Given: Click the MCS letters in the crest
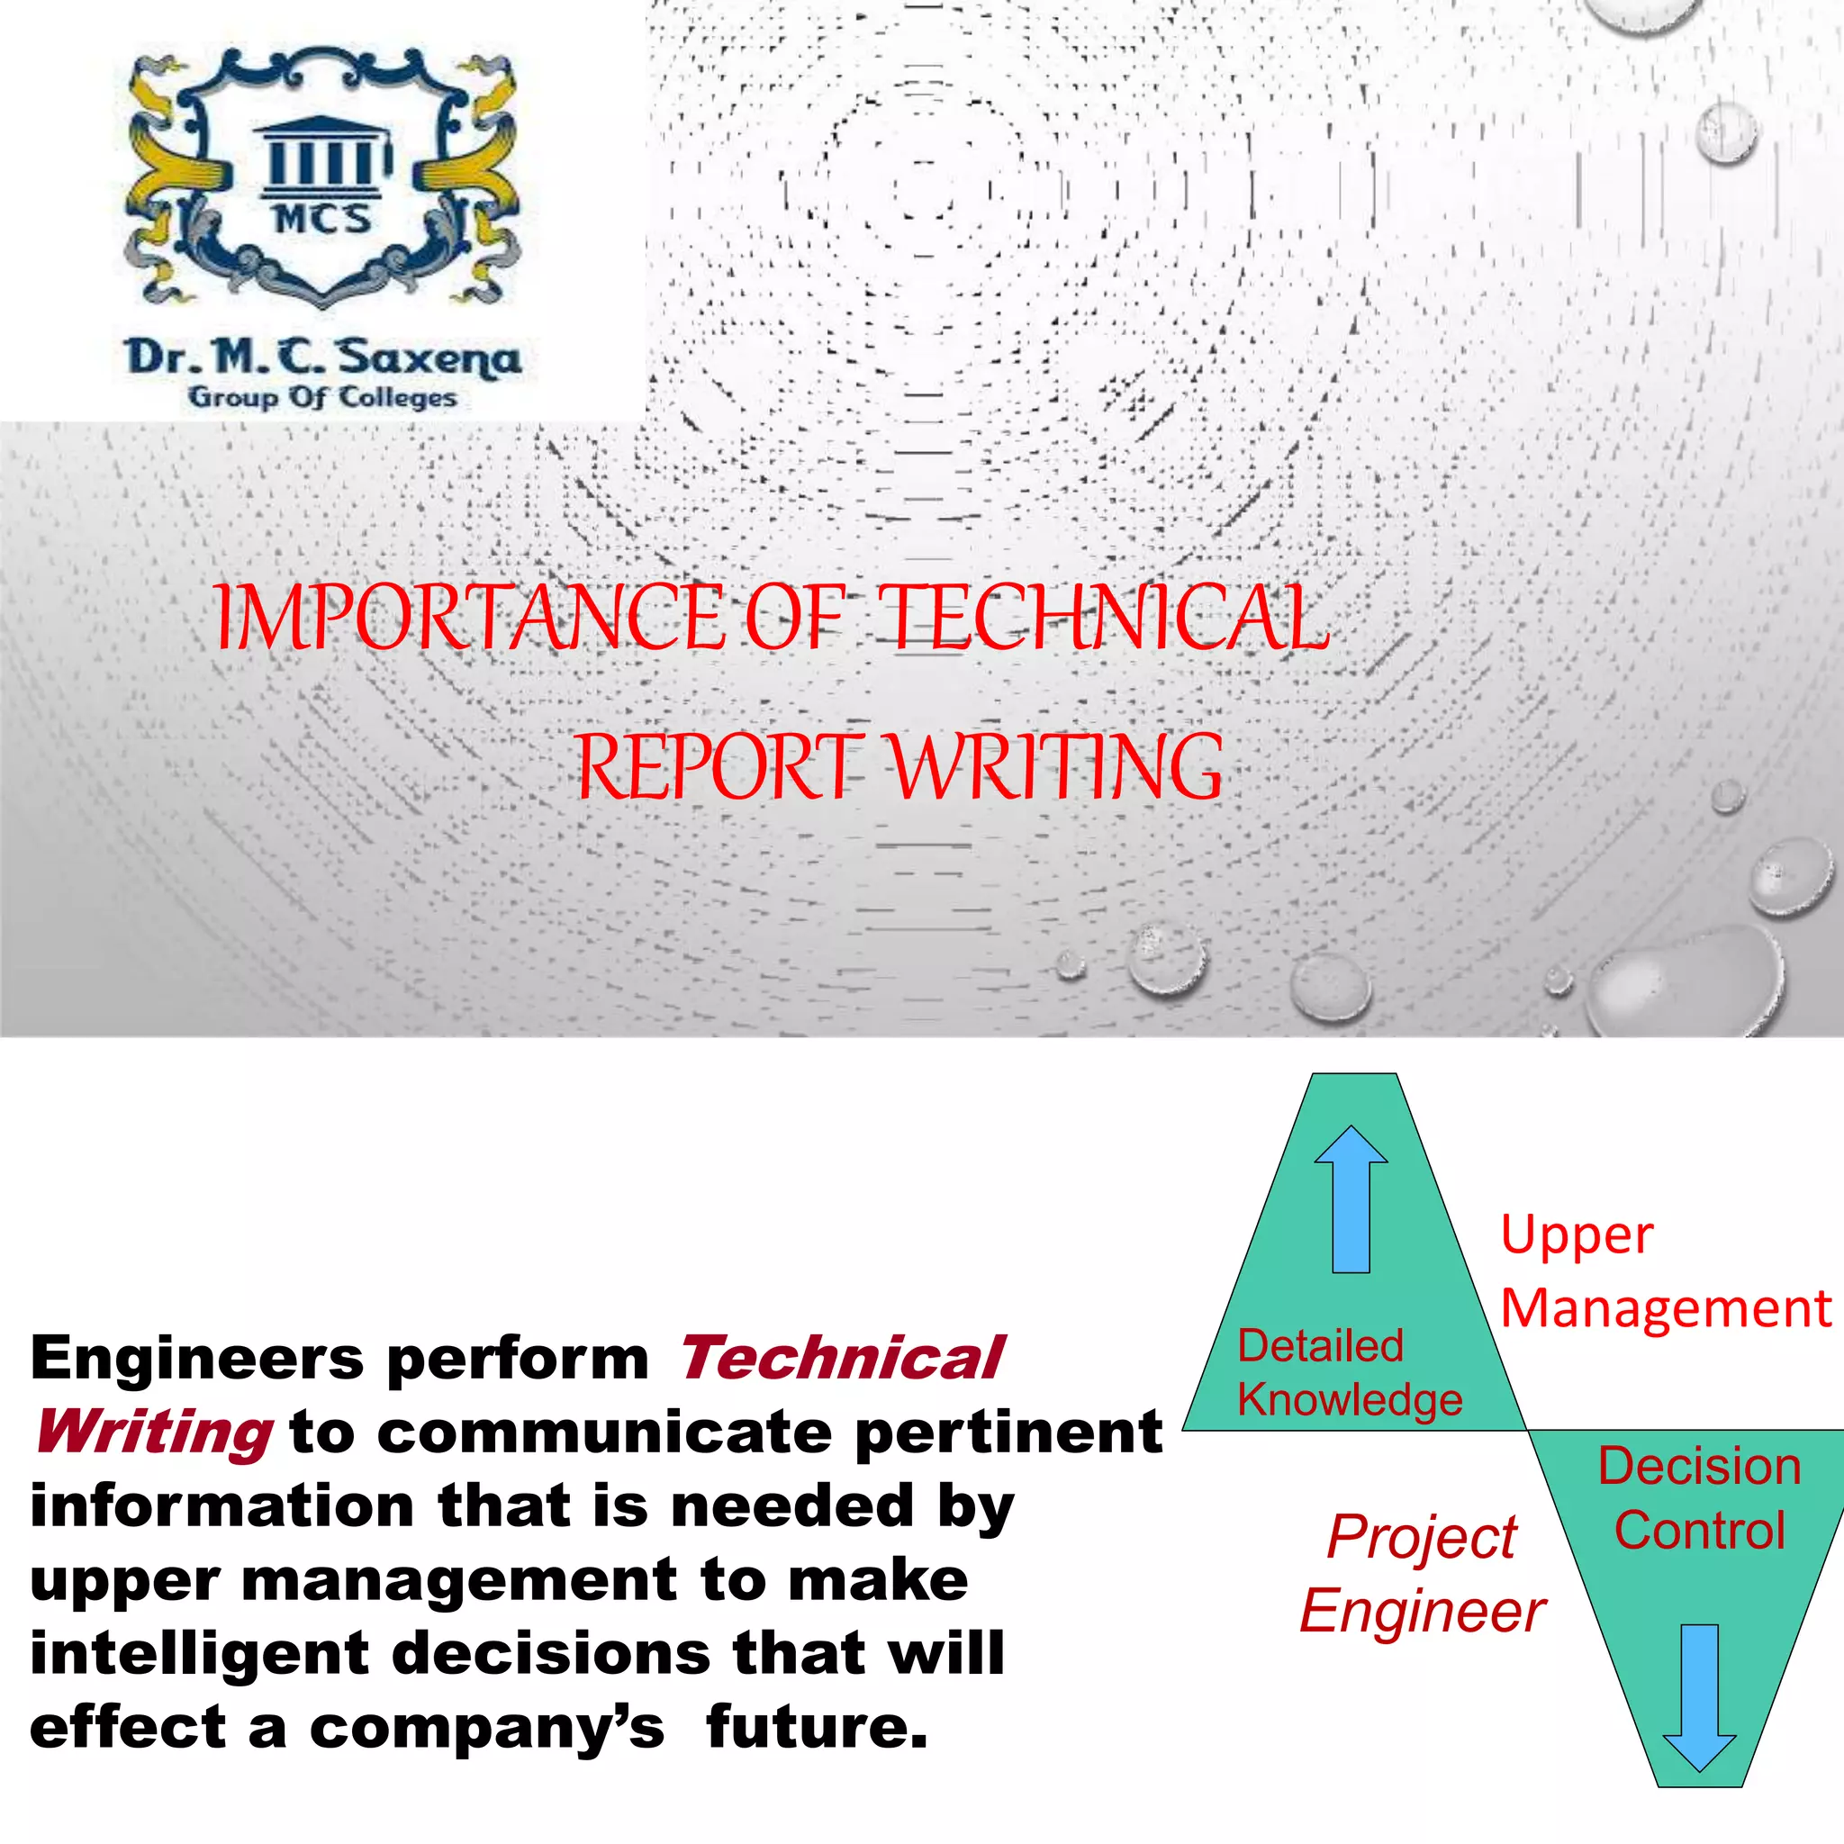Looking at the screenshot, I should (322, 220).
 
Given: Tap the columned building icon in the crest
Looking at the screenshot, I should (323, 155).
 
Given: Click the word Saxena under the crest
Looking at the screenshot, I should (429, 358).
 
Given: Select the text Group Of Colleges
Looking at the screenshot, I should (322, 397).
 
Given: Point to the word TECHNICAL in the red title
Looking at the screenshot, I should (1103, 619).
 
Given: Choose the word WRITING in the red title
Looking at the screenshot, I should (1055, 767).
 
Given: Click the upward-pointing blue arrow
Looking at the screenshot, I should (1351, 1198).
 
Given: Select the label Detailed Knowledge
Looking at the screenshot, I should (1349, 1372).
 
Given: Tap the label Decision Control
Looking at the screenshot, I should (1700, 1498).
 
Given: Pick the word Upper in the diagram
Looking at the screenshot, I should (1577, 1237).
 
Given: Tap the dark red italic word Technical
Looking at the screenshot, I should (841, 1358).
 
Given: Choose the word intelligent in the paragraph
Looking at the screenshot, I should (200, 1653).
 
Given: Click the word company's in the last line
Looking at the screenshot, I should (487, 1728).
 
